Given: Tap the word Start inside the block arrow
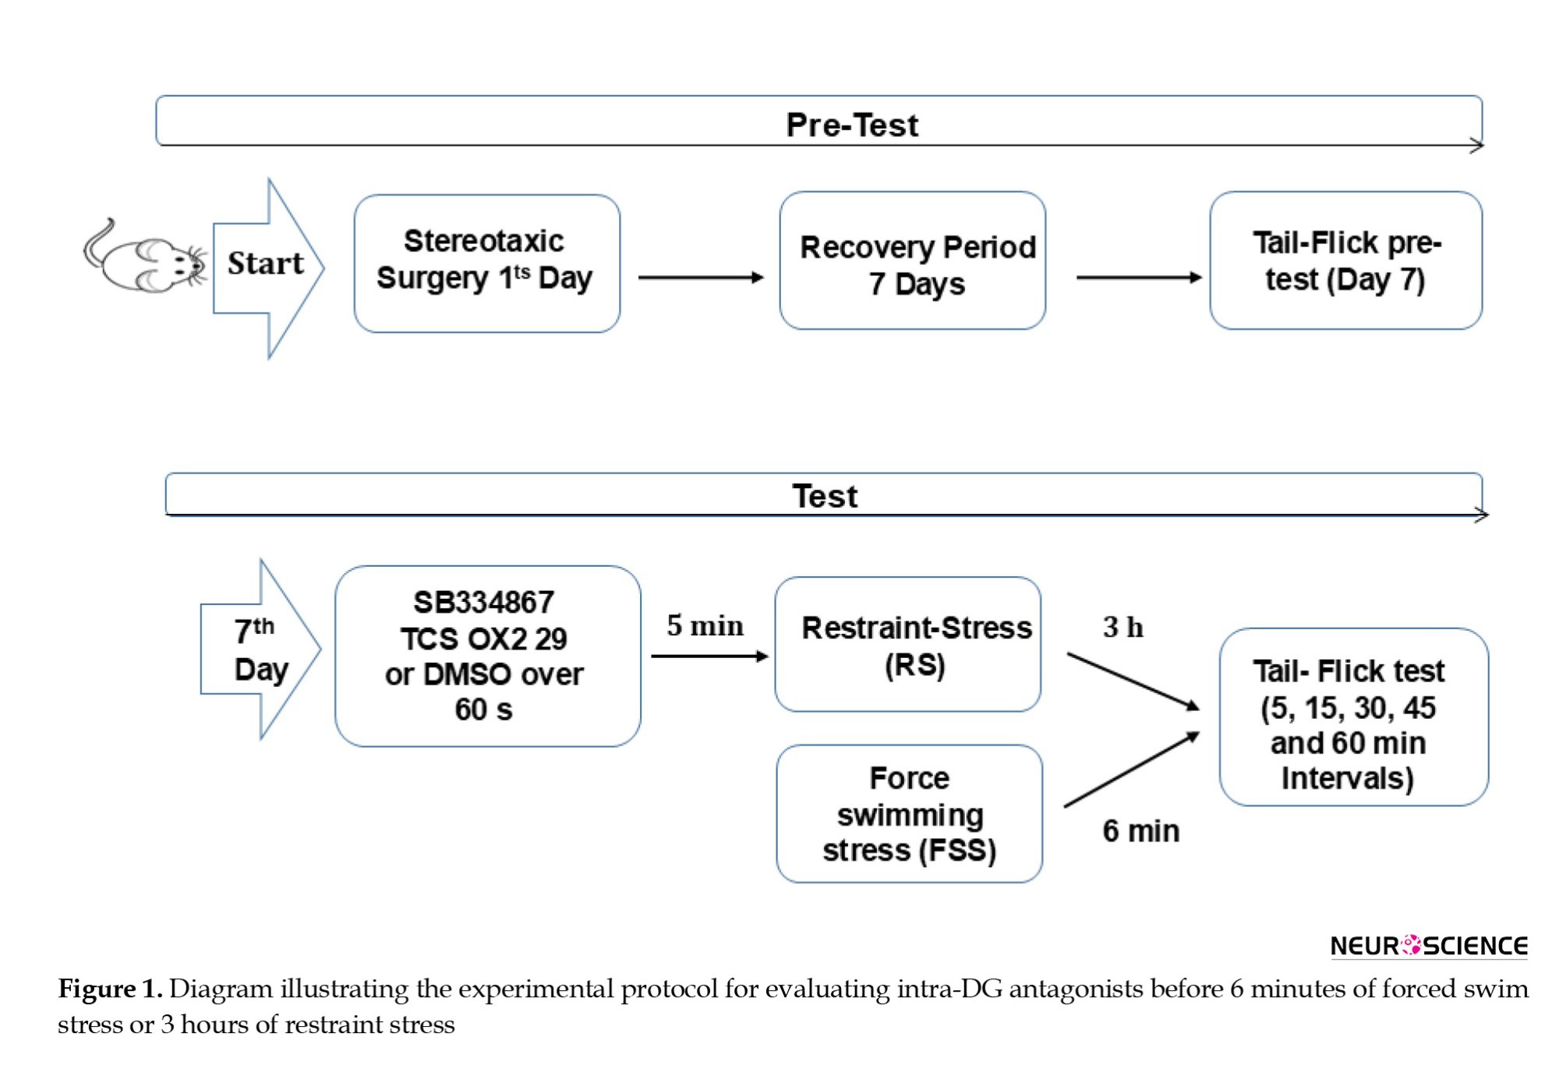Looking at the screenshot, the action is [x=265, y=264].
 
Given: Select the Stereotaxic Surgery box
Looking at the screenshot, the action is [x=487, y=264].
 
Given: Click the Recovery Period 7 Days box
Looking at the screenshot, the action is [x=913, y=261].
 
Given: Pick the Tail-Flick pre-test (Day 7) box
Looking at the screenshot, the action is [x=1346, y=261].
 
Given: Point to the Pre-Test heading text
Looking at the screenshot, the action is [x=852, y=125].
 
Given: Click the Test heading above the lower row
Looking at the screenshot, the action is [x=825, y=496].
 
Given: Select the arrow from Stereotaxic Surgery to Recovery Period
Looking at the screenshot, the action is [x=701, y=278].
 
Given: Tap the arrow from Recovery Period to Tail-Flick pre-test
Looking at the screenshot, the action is [x=1139, y=278].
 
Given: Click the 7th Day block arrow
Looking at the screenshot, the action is [x=260, y=649].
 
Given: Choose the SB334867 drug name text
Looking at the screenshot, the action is [x=483, y=603].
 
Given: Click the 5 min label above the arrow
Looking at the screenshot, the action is [x=705, y=625].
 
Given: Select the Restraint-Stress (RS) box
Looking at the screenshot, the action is [x=908, y=645].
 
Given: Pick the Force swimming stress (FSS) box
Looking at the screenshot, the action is [x=910, y=814].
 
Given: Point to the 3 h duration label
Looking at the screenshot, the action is [x=1122, y=627].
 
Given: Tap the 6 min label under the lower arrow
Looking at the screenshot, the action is [x=1140, y=831].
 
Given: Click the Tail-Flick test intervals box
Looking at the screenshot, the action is [x=1354, y=717].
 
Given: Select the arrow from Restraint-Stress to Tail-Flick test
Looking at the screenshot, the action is [x=1133, y=682].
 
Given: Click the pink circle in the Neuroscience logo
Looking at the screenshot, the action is [x=1411, y=945].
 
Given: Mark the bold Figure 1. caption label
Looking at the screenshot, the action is [x=110, y=989].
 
